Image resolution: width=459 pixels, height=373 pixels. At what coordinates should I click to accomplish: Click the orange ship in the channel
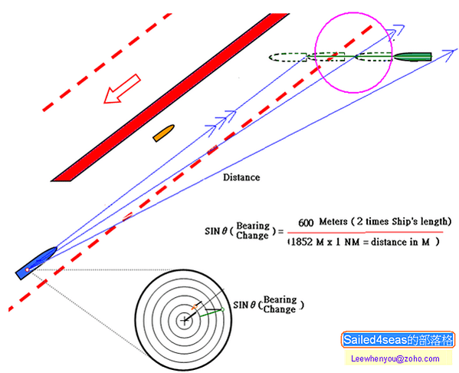(x=164, y=133)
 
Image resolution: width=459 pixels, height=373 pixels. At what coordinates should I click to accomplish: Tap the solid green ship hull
(x=413, y=57)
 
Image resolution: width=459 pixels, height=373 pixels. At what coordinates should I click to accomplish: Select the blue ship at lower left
(x=36, y=262)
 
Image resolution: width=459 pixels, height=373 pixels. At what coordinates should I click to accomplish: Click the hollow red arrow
(x=122, y=89)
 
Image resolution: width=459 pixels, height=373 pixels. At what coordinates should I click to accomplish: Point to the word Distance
(x=241, y=177)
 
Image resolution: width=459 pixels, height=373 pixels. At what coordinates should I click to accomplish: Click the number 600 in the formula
(x=306, y=223)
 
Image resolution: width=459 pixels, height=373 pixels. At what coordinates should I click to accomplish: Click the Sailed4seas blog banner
(x=398, y=340)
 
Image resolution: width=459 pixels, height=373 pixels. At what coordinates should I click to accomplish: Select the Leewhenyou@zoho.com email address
(x=395, y=358)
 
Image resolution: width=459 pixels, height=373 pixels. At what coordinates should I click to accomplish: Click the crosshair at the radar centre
(x=184, y=321)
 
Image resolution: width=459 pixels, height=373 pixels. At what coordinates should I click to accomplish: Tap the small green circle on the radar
(x=222, y=309)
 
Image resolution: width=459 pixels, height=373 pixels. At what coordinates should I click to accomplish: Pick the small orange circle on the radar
(x=195, y=307)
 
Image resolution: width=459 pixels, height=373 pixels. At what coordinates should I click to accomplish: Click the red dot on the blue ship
(x=28, y=269)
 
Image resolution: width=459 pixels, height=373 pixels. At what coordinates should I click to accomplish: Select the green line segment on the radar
(x=211, y=312)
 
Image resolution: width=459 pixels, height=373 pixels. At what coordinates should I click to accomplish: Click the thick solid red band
(x=170, y=97)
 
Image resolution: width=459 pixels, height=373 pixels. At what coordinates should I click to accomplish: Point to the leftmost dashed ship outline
(x=288, y=58)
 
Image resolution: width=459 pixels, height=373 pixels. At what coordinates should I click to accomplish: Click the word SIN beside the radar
(x=240, y=305)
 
